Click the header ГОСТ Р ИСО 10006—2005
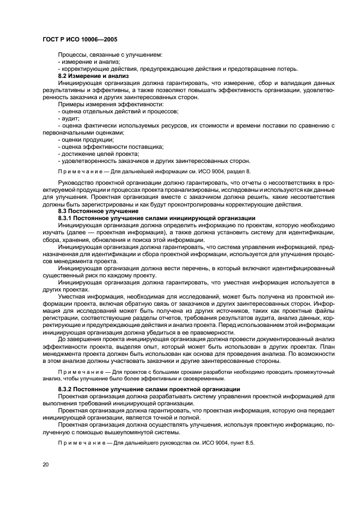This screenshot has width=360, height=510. click(80, 40)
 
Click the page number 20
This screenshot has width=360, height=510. click(45, 464)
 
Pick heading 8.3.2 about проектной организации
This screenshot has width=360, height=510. click(149, 388)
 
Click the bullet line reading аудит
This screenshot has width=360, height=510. click(69, 118)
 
